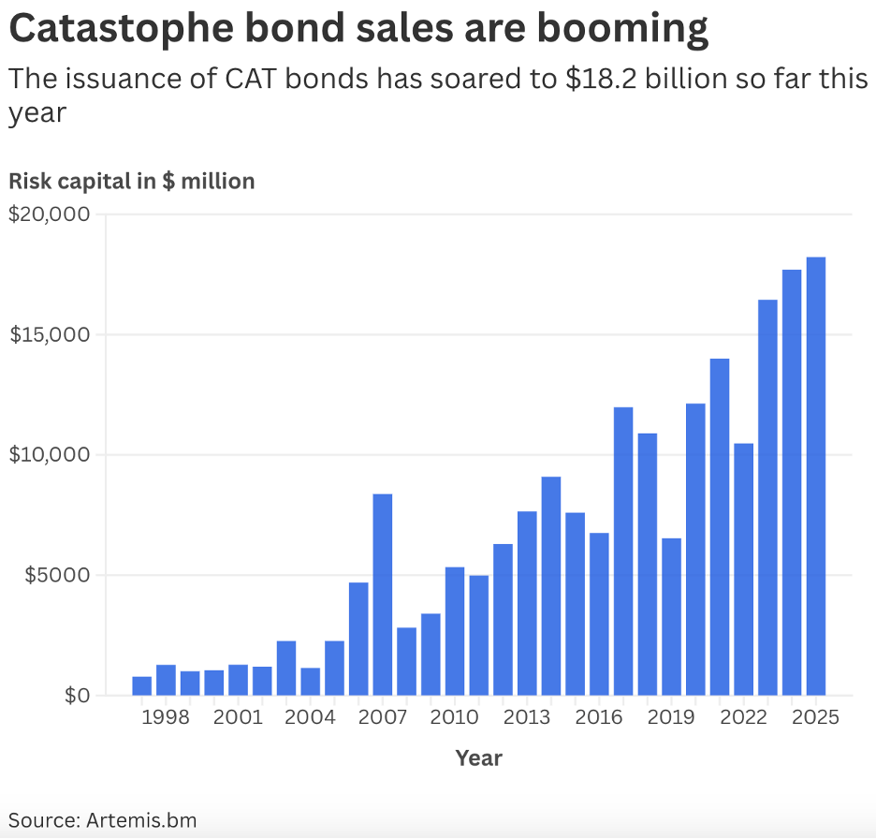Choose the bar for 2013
pyautogui.click(x=527, y=603)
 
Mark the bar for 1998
pyautogui.click(x=167, y=679)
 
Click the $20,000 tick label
pyautogui.click(x=49, y=214)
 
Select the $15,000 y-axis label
pyautogui.click(x=49, y=335)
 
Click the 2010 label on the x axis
pyautogui.click(x=455, y=717)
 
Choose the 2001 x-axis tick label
pyautogui.click(x=239, y=717)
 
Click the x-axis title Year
pyautogui.click(x=478, y=758)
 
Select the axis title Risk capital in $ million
pyautogui.click(x=132, y=181)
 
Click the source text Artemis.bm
pyautogui.click(x=142, y=820)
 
